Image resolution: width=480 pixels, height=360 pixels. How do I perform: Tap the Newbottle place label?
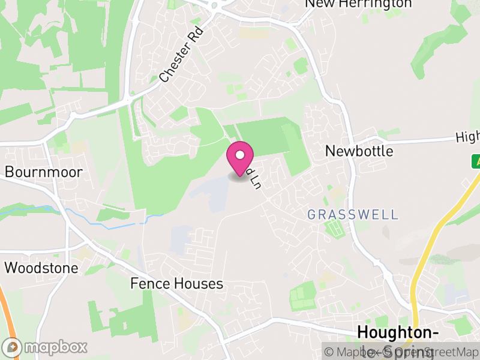tap(359, 151)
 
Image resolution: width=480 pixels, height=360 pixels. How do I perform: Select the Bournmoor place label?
tap(44, 172)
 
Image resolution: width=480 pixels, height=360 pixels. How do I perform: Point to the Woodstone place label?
tap(41, 268)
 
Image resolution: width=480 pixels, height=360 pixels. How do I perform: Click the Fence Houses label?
tap(176, 283)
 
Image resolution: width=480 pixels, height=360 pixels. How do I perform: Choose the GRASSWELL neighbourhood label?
tap(352, 214)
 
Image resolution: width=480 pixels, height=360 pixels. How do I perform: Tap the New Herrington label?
tap(358, 4)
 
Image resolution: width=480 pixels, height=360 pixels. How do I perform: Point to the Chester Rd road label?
tap(182, 53)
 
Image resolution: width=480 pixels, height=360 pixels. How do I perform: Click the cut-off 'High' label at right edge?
tap(467, 137)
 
